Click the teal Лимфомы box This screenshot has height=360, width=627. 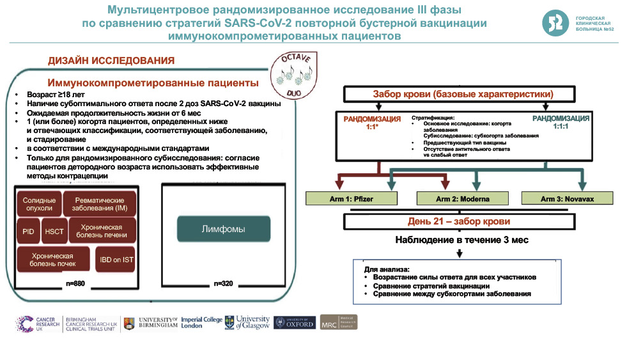click(223, 228)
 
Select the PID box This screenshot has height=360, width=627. click(27, 231)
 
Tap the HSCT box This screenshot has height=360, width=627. click(54, 231)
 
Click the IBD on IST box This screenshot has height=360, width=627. click(116, 259)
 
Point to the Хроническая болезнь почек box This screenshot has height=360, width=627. click(54, 259)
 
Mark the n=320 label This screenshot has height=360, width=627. click(223, 283)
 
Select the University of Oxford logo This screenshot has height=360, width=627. click(294, 323)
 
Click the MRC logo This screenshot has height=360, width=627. click(338, 322)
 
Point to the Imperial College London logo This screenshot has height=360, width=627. click(201, 322)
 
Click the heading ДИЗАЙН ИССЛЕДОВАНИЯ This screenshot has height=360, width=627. click(111, 61)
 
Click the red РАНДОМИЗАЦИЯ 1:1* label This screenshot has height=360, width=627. click(372, 123)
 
